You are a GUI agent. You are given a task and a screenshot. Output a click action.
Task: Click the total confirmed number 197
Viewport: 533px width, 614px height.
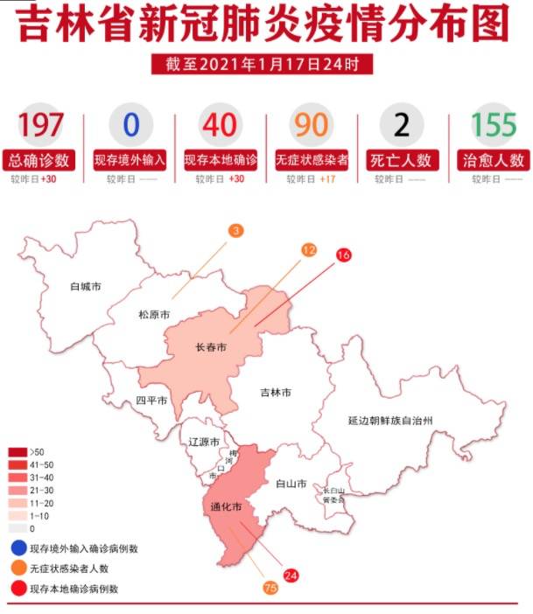[x=41, y=125]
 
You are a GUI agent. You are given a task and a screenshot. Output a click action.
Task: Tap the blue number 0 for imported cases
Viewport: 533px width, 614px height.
[x=130, y=125]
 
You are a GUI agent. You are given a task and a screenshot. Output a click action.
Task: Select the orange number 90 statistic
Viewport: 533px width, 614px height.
[x=311, y=125]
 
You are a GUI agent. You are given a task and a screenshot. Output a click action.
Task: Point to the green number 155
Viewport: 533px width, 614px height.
[x=494, y=125]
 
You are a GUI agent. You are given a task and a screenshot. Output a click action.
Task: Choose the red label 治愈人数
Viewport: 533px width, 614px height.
[x=494, y=160]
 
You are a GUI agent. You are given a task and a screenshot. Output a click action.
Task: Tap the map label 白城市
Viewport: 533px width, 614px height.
[x=86, y=286]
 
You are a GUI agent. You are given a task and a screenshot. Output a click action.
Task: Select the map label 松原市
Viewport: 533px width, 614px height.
[x=153, y=314]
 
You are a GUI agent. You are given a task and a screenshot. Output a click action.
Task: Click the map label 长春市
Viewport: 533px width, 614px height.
[x=210, y=347]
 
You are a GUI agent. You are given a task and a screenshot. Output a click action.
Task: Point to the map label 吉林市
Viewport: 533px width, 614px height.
[x=277, y=393]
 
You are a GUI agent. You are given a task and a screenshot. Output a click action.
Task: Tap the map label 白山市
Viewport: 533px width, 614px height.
[x=290, y=483]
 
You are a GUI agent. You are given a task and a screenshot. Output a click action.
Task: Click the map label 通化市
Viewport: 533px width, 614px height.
[x=225, y=506]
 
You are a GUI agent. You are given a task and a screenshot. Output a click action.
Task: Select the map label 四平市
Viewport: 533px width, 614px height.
[x=151, y=401]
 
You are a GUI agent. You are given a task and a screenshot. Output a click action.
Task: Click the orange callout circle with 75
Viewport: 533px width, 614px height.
[x=270, y=589]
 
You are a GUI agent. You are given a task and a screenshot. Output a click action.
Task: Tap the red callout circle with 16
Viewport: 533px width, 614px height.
[x=343, y=255]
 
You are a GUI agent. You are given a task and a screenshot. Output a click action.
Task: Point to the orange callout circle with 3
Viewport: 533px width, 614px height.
[x=236, y=231]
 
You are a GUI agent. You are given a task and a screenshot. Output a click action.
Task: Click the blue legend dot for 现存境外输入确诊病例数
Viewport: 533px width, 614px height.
[x=18, y=548]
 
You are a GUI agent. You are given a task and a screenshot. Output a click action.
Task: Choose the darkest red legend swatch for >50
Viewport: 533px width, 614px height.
[x=18, y=451]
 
